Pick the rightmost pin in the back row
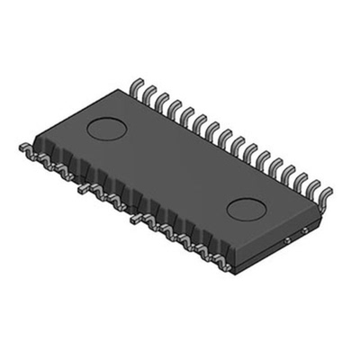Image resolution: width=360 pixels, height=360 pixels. coord(325,193)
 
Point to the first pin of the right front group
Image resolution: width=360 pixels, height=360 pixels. coord(136,219)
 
